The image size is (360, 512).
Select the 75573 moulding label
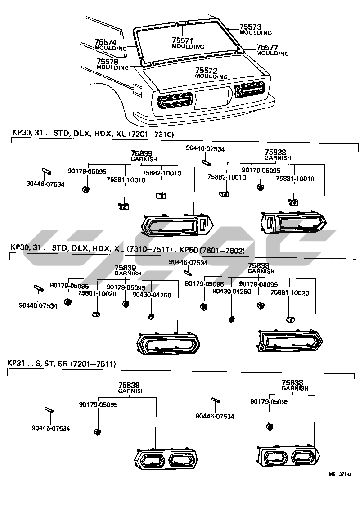(251, 27)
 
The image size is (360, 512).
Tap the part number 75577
(268, 47)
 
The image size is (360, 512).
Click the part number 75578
(108, 61)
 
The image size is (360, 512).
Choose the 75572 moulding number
(206, 71)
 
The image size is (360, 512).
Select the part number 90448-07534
(206, 149)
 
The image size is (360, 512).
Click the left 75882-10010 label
(162, 173)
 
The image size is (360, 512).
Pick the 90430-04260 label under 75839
(152, 295)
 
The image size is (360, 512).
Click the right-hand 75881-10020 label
(290, 292)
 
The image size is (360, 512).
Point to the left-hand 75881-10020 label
(97, 293)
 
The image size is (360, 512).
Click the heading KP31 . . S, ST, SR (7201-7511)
(61, 363)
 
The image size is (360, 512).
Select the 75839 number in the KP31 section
(129, 385)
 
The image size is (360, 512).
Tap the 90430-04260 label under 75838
(232, 291)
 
